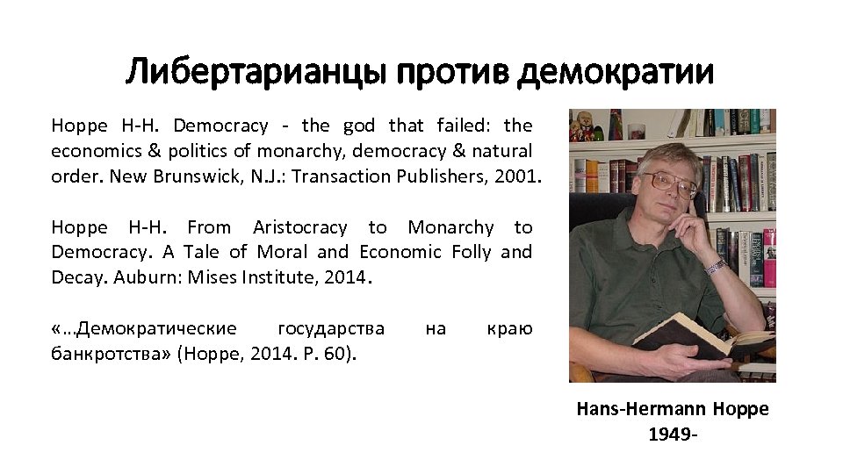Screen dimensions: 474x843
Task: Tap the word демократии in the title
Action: click(x=616, y=72)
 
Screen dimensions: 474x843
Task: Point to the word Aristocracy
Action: click(x=299, y=228)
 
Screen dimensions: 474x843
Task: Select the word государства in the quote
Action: click(x=330, y=329)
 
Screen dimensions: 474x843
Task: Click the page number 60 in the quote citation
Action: click(x=337, y=354)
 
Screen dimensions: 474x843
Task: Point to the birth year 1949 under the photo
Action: click(x=667, y=434)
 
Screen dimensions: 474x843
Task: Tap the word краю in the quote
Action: click(x=509, y=329)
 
